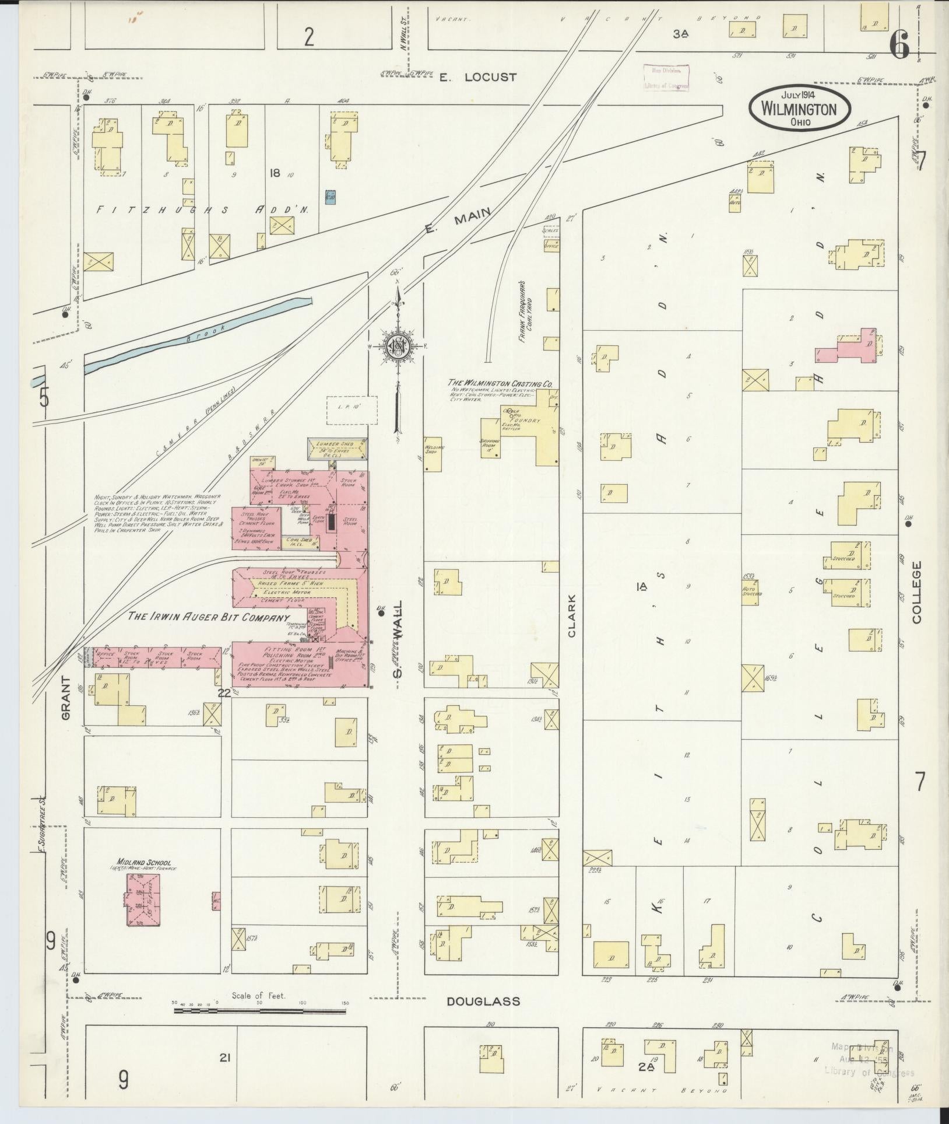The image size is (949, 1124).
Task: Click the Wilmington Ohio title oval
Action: click(x=799, y=110)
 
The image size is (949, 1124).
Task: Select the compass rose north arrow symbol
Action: click(x=398, y=348)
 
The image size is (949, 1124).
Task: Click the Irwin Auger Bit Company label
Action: click(x=209, y=617)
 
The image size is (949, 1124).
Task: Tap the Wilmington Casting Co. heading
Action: click(x=500, y=383)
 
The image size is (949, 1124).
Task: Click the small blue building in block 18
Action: click(x=331, y=198)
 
